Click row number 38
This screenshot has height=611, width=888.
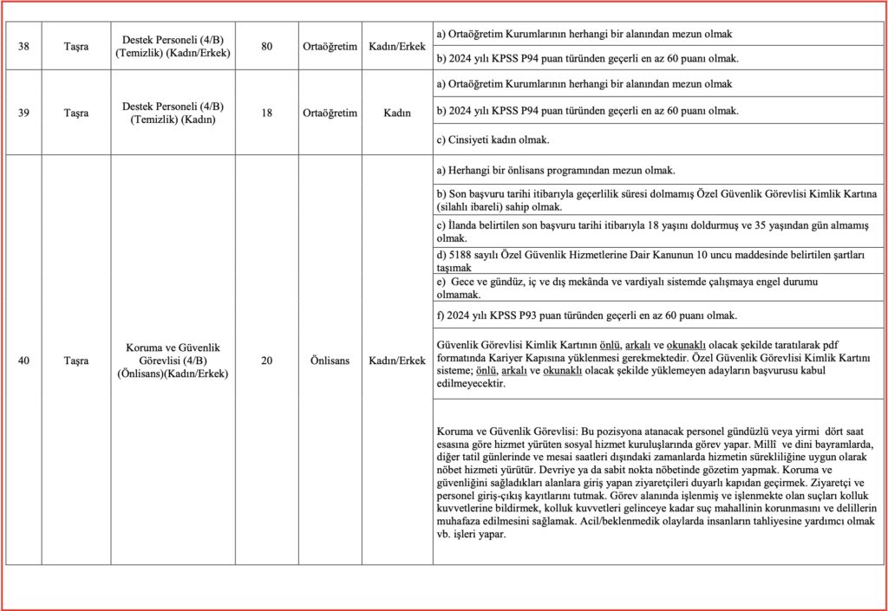(24, 46)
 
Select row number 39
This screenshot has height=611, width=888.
(24, 113)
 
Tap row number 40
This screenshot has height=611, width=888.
(24, 361)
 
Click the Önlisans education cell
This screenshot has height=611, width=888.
(330, 361)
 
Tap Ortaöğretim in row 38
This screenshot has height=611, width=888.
(330, 46)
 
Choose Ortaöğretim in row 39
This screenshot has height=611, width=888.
(330, 113)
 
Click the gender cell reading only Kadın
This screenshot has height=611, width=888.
(396, 113)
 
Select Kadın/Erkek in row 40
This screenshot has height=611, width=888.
(396, 361)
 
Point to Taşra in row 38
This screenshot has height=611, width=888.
(76, 46)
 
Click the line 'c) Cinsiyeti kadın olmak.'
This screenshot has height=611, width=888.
(493, 140)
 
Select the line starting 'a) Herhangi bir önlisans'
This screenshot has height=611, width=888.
(555, 171)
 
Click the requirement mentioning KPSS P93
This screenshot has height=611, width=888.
(586, 315)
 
